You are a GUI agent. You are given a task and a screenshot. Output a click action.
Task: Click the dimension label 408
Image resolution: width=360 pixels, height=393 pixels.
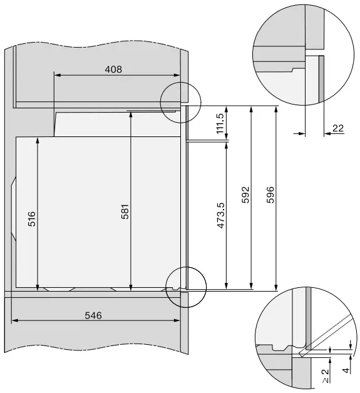[x=113, y=69]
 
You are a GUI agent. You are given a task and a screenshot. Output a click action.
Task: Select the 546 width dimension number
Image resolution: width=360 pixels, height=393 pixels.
[x=93, y=315]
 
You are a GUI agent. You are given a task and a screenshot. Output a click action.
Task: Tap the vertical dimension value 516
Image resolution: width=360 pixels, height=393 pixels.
[x=32, y=219]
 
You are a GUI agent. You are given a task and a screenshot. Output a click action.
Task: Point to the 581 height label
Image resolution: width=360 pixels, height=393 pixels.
[x=125, y=212]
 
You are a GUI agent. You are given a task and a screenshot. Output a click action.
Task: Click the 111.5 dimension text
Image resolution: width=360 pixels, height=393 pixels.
[x=220, y=123]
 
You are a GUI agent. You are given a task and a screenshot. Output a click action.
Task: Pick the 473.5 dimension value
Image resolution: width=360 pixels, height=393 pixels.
[x=220, y=215]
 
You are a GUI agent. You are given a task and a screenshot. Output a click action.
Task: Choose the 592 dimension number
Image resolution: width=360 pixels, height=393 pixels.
[x=245, y=195]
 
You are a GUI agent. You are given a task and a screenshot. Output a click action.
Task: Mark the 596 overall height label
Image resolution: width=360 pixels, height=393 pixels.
[x=270, y=195]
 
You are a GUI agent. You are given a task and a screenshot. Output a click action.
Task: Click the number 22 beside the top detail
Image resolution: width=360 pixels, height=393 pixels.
[x=337, y=128]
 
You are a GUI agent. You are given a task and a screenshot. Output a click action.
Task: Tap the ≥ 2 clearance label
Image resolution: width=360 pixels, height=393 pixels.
[x=325, y=376]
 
